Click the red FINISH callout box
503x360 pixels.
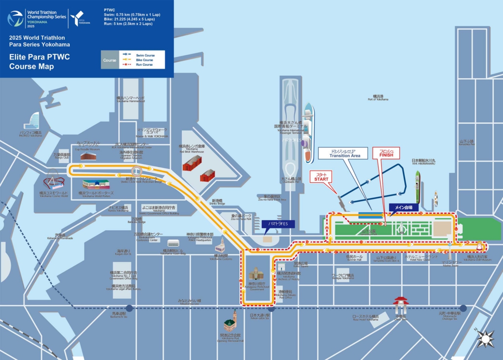pos(389,153)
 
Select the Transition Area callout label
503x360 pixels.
pos(345,153)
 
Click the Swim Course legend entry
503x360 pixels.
pos(145,55)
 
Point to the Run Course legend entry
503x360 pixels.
pos(144,64)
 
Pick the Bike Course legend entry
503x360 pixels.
pos(144,60)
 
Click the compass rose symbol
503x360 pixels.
pos(485,338)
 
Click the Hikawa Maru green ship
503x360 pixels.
pos(418,187)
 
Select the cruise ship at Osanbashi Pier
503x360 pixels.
pos(307,133)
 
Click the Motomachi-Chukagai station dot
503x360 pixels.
pos(463,308)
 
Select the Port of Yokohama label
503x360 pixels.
pos(378,98)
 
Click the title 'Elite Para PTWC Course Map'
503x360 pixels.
pos(39,61)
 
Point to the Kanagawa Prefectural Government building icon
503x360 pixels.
pos(256,274)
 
